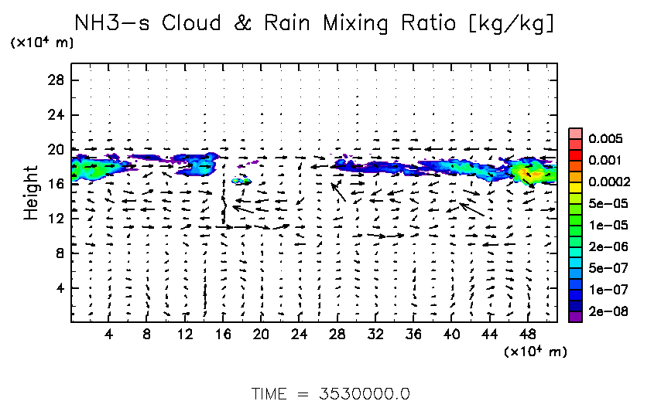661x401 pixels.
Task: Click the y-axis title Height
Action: click(x=31, y=192)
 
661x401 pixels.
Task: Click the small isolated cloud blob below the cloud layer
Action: click(x=241, y=180)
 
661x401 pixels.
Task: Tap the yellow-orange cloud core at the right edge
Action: click(x=531, y=175)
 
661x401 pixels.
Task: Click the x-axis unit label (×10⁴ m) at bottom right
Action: click(x=535, y=352)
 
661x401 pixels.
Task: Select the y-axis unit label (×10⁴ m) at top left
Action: click(x=42, y=42)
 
